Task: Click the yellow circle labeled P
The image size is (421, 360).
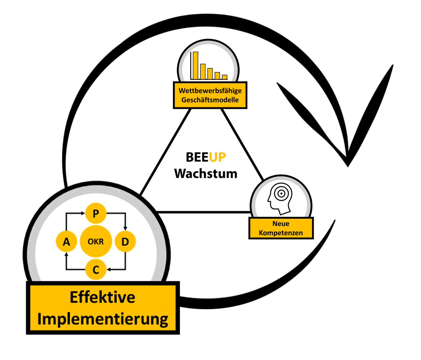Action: click(x=96, y=214)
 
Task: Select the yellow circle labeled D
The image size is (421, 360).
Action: click(x=125, y=242)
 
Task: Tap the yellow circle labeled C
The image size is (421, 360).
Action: click(x=96, y=270)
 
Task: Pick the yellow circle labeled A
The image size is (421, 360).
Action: click(x=66, y=242)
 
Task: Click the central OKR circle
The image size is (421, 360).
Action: click(x=96, y=242)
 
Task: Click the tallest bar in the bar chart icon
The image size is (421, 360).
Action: click(x=195, y=65)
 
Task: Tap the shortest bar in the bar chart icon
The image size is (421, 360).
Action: click(x=225, y=77)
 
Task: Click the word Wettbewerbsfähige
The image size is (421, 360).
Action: click(x=210, y=90)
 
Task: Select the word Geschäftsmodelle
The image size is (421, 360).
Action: click(x=210, y=100)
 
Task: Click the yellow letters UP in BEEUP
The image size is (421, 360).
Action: click(x=217, y=157)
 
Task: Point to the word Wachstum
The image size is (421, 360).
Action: click(x=206, y=173)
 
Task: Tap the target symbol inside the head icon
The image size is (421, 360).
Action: click(x=281, y=193)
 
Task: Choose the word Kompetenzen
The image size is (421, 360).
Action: click(x=281, y=233)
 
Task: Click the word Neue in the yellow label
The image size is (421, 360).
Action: click(x=281, y=224)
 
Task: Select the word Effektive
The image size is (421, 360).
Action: click(x=102, y=297)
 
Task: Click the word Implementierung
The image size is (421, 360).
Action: click(x=102, y=319)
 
